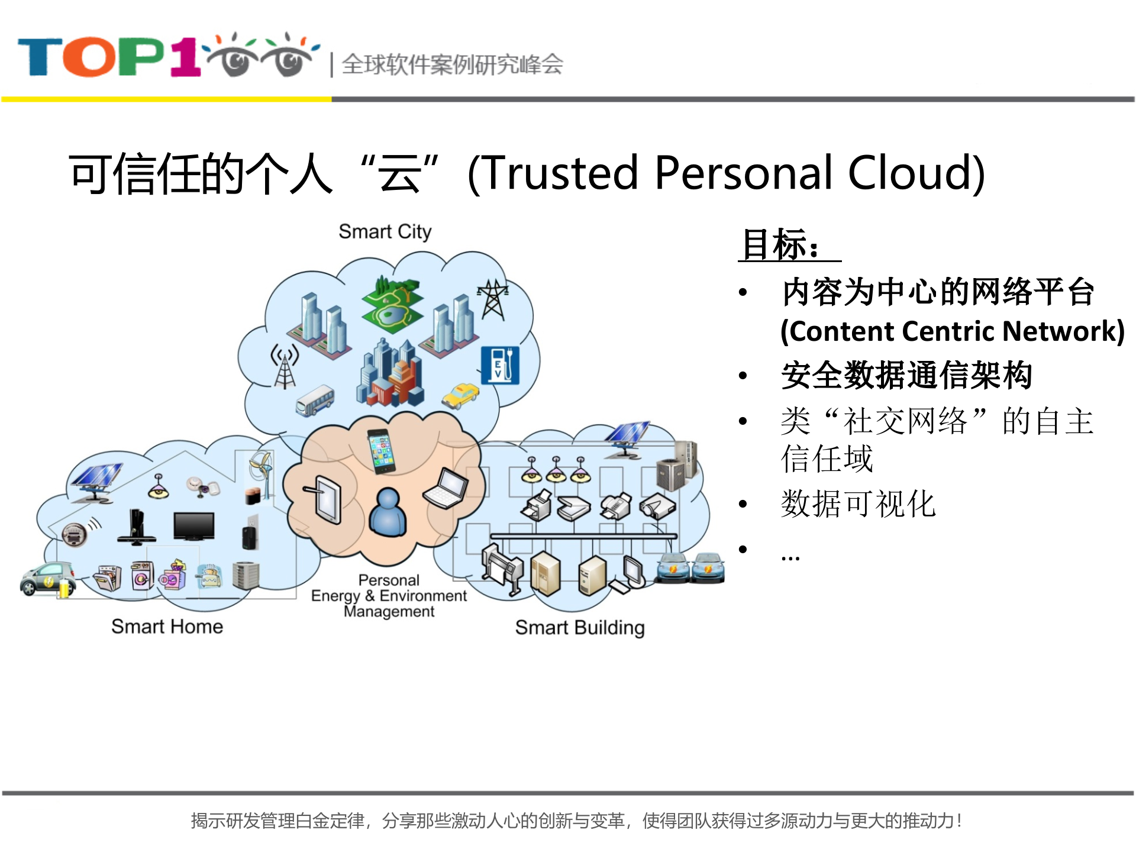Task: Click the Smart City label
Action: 385,231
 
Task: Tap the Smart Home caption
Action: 167,626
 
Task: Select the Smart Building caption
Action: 579,627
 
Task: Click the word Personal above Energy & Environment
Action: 389,580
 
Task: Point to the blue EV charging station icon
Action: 500,364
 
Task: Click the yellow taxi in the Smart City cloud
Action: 461,395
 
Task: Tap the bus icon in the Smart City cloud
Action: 315,400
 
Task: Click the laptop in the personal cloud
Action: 446,488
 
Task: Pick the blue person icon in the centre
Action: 388,512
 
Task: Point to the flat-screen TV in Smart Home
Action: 193,525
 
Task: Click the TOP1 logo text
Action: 109,57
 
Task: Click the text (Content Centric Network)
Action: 952,331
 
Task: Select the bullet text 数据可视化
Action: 858,504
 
